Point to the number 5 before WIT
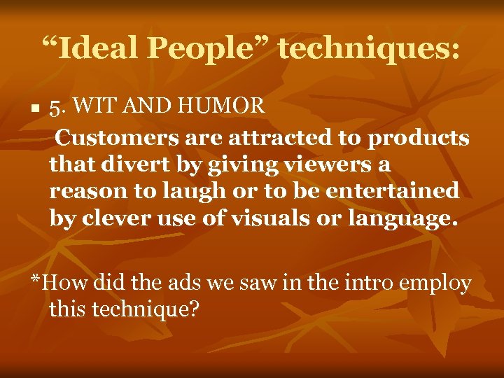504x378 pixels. [x=55, y=107]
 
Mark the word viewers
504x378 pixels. [x=315, y=165]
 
